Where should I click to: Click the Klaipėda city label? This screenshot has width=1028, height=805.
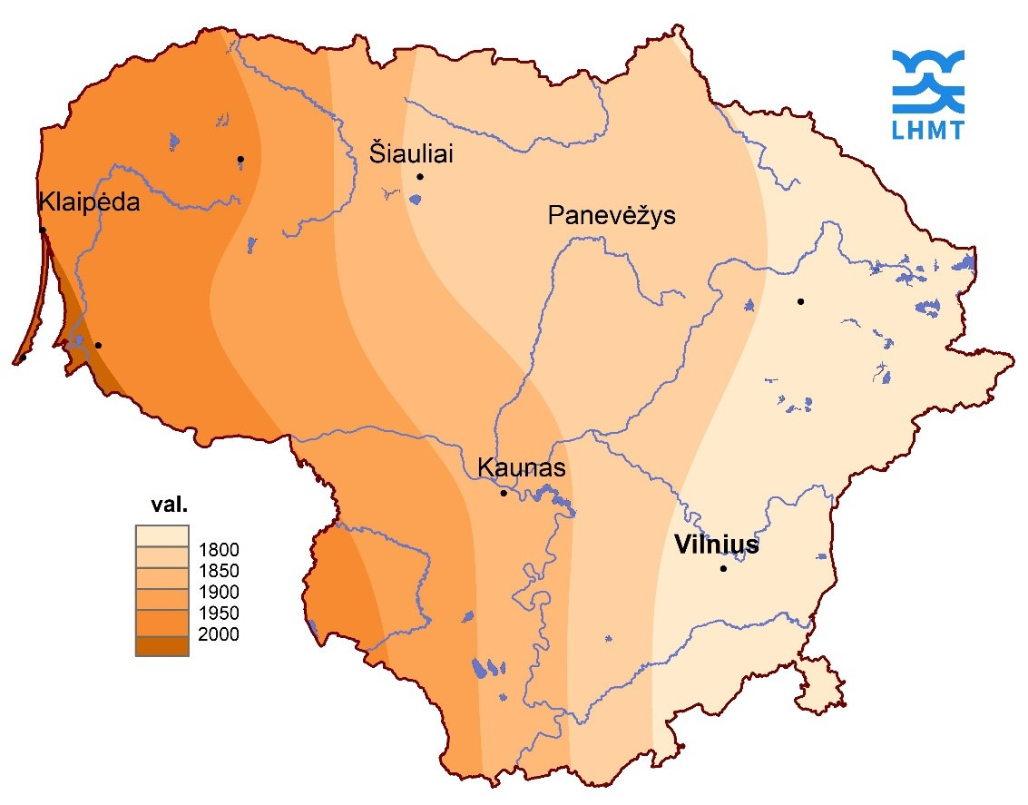pos(89,202)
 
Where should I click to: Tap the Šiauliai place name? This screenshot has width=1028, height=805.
pos(411,153)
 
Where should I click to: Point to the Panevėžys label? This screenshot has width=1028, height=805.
pos(612,216)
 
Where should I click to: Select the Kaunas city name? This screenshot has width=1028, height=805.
pos(521,468)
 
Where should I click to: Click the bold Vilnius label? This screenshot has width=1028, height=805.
pos(717,545)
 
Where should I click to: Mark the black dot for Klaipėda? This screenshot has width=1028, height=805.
pos(43,230)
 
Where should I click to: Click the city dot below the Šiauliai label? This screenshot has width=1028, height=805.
pos(420,177)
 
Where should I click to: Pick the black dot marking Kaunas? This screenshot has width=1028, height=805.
pos(504,493)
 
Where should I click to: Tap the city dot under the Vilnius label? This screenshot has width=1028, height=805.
pos(723,569)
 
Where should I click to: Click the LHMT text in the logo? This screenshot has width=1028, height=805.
pos(928,131)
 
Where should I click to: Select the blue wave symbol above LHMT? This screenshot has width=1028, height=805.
pos(928,82)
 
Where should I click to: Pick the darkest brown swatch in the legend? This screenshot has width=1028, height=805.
pos(162,645)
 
